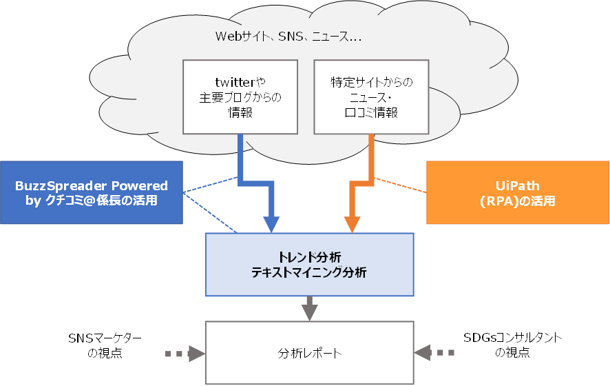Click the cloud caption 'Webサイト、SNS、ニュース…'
pos(288,37)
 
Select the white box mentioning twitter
pos(240,97)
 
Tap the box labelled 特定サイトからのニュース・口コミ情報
pos(372,97)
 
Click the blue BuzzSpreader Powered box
pos(92,192)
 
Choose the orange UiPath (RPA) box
pos(518,192)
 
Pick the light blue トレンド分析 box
pos(309,265)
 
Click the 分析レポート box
pos(309,353)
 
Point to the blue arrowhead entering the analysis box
pos(271,225)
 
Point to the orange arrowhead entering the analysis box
pos(352,225)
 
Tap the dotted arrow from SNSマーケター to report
pos(185,354)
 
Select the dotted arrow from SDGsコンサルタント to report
pos(434,353)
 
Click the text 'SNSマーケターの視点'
pos(105,345)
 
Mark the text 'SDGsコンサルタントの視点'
pos(513,345)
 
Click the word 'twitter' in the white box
pos(235,83)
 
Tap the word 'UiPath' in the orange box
pos(518,185)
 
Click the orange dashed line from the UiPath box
pos(400,185)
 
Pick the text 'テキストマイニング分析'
pos(309,272)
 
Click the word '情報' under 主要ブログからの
pos(240,113)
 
